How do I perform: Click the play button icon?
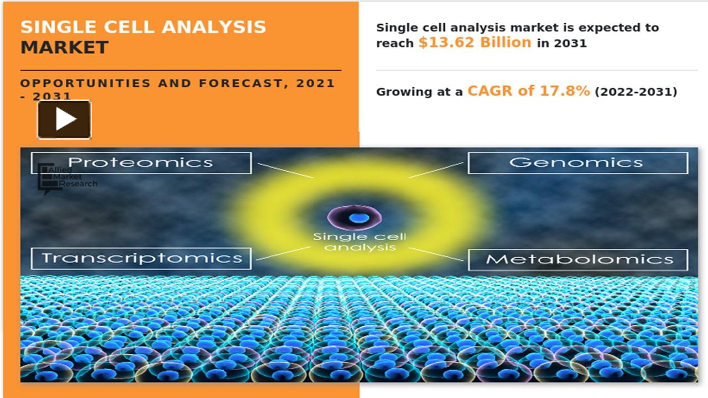[x=64, y=119]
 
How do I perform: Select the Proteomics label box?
[x=141, y=163]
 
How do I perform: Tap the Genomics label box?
[x=577, y=163]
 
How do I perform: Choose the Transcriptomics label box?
[x=141, y=258]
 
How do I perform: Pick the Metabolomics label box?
[x=577, y=259]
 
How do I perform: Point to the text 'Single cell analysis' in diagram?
[x=360, y=242]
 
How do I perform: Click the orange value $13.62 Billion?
[x=475, y=43]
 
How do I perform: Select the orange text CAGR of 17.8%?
[x=528, y=91]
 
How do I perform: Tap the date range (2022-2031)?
[x=636, y=92]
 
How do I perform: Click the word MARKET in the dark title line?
[x=64, y=48]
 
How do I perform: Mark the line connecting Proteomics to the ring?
[x=284, y=170]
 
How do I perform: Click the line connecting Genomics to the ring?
[x=436, y=170]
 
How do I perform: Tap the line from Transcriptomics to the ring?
[x=284, y=253]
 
